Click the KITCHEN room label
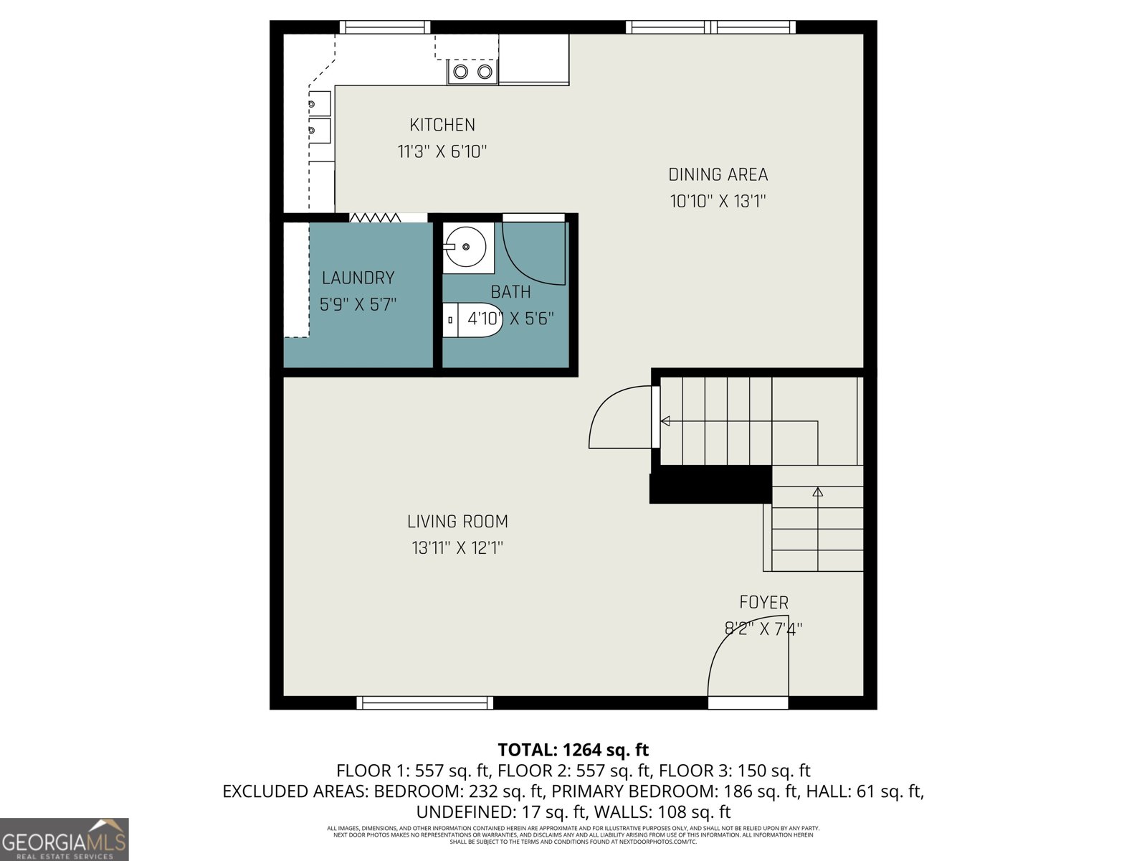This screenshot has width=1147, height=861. [x=442, y=125]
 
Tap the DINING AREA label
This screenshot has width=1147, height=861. [x=718, y=174]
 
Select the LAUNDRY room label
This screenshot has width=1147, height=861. [x=358, y=278]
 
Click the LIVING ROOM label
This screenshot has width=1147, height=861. [x=457, y=522]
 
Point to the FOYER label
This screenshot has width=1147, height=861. [x=763, y=603]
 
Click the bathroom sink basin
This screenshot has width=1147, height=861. [x=466, y=247]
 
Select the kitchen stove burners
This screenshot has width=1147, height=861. [x=473, y=72]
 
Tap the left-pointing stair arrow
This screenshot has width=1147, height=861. [x=665, y=421]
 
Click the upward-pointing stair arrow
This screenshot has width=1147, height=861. [x=817, y=491]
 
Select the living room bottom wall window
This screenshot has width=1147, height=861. [x=425, y=702]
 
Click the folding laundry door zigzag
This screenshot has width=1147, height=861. [x=375, y=217]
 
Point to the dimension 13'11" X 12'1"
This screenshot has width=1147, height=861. [x=457, y=548]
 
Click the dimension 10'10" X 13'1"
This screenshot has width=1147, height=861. [x=718, y=202]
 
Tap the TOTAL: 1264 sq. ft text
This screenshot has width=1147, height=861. [x=573, y=750]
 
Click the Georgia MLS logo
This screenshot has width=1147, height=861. [x=65, y=839]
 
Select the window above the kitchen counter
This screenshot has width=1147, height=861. [x=385, y=27]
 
